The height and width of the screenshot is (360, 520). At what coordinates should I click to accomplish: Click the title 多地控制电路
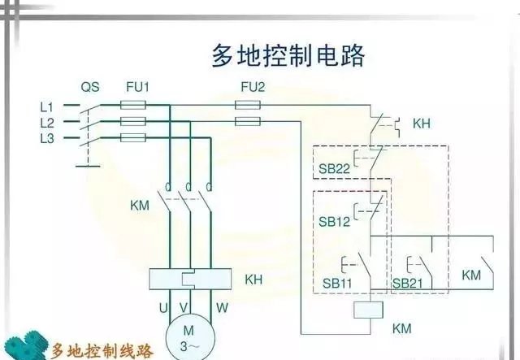click(288, 55)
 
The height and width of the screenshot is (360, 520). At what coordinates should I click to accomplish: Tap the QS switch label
click(90, 86)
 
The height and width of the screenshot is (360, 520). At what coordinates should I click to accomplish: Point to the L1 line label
click(47, 106)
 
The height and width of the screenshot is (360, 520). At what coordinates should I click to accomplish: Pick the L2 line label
click(47, 122)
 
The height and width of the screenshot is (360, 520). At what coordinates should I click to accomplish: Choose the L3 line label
click(47, 138)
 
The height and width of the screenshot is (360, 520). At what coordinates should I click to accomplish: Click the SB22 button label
click(334, 169)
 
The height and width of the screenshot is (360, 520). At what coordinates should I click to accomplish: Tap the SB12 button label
click(334, 222)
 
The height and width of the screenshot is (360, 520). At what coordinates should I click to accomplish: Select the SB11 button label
click(334, 282)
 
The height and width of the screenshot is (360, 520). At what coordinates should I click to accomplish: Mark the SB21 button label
click(409, 282)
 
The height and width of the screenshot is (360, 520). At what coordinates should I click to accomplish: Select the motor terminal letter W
click(221, 308)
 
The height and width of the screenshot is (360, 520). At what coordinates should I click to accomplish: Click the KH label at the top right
click(421, 124)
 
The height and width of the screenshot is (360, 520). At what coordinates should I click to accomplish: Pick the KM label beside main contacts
click(140, 205)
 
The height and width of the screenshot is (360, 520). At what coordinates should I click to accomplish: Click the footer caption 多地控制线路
click(102, 351)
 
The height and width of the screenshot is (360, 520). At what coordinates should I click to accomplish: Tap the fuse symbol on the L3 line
click(133, 138)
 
